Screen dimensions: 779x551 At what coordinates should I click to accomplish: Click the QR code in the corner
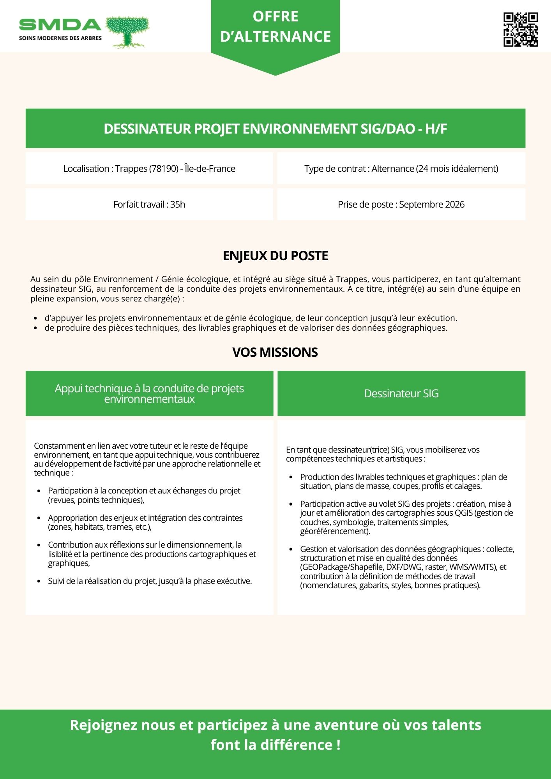tap(521, 30)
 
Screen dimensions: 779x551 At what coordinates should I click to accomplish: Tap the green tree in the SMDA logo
tap(127, 31)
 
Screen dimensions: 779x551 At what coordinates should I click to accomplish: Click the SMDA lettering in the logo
tap(60, 25)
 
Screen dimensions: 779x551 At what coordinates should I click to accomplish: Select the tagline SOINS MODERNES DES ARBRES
tap(60, 38)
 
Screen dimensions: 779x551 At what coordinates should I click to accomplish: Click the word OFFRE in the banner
tap(275, 17)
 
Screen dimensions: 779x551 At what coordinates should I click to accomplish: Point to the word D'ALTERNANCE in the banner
tap(275, 37)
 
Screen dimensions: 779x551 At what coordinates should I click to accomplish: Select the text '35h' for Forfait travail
tap(178, 204)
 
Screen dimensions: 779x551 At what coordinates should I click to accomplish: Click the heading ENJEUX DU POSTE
tap(275, 256)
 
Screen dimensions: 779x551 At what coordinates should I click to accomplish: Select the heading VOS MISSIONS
tap(275, 352)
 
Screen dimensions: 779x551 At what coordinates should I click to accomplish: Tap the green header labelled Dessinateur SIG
tap(401, 393)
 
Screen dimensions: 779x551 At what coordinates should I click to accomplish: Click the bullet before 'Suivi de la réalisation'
tap(39, 582)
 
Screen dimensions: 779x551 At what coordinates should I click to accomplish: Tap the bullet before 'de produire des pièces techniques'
tap(35, 328)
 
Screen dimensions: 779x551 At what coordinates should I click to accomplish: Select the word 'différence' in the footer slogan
tap(297, 745)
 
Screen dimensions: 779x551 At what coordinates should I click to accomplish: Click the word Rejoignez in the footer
tap(104, 725)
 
